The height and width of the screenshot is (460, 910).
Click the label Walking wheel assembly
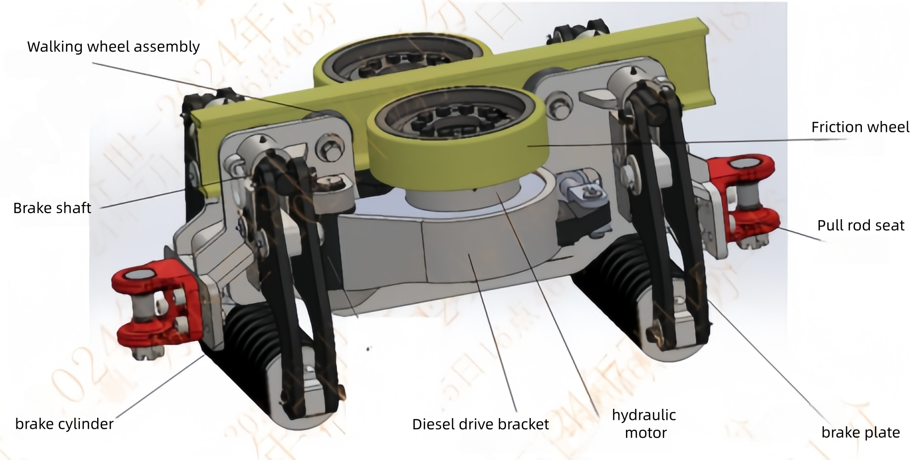point(114,47)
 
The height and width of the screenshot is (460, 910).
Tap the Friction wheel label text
point(860,127)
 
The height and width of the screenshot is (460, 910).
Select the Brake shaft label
point(52,208)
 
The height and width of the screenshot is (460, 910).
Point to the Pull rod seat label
point(860,226)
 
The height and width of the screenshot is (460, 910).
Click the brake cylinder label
point(64,424)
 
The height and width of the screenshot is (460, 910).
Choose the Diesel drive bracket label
point(480,424)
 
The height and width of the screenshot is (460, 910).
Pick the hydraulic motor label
point(644,424)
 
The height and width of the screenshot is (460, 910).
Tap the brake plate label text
point(860,432)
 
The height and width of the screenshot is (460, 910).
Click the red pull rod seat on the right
point(743,198)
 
